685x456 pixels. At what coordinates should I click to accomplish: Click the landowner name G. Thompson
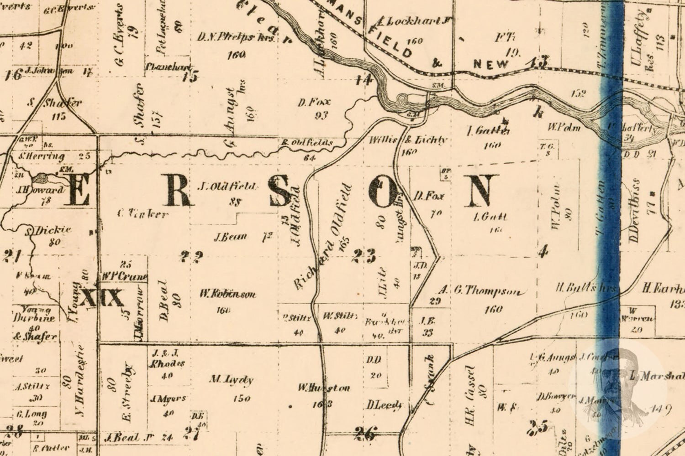pos(487,292)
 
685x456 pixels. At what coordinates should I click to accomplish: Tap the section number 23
pos(364,256)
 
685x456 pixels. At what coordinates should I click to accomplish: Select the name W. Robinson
pos(227,294)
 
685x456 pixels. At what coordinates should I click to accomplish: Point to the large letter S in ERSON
pos(279,192)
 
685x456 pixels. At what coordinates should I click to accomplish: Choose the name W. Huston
pos(324,388)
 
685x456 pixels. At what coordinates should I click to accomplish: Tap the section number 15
pos(190,76)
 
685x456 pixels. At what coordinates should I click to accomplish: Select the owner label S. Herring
pos(42,156)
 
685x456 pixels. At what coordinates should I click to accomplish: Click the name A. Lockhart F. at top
pos(414,21)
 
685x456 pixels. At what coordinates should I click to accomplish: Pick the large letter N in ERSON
pos(483,192)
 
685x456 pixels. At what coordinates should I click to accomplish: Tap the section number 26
pos(366,432)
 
